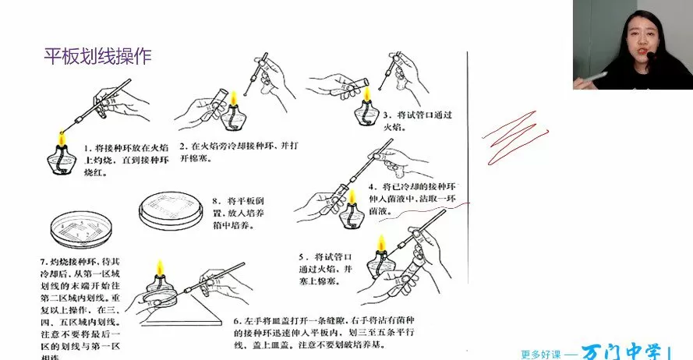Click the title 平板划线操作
click(97, 56)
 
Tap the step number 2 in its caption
click(182, 146)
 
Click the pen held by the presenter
click(597, 76)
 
